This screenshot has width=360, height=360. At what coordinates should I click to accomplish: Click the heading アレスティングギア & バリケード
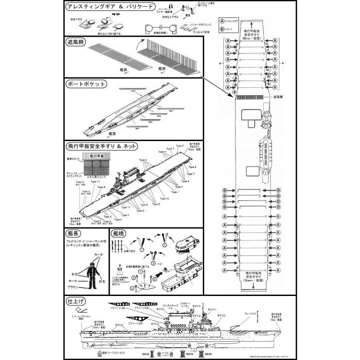tap(110, 8)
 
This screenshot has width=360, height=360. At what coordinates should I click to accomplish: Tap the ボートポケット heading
tap(86, 84)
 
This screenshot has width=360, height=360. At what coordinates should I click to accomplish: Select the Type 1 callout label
tap(175, 192)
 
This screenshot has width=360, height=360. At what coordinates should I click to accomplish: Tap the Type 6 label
tap(101, 187)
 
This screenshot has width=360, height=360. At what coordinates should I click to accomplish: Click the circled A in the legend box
tap(222, 21)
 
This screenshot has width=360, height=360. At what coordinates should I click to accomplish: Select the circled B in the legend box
tap(222, 30)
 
